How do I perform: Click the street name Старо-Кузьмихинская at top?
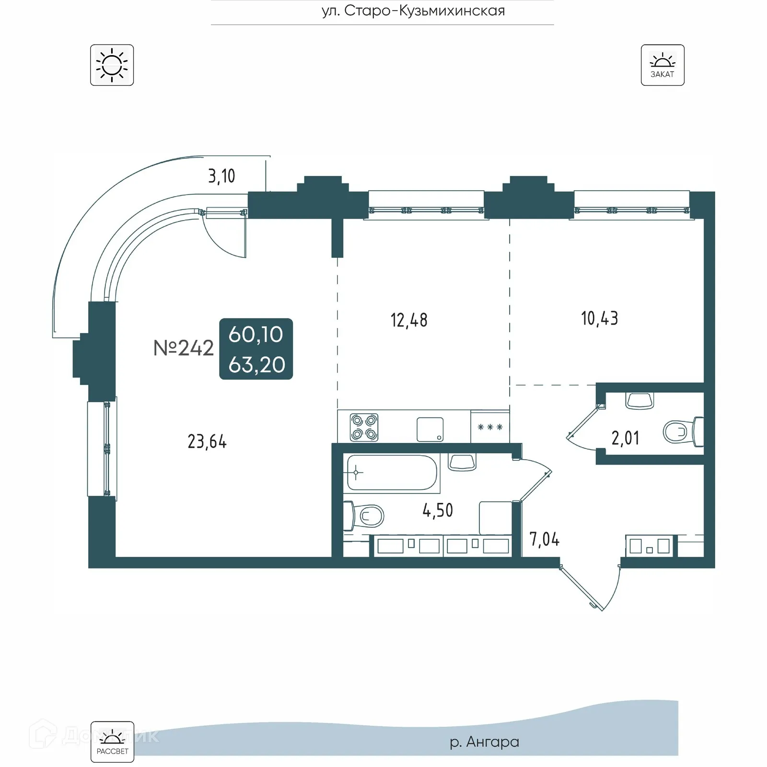(413, 11)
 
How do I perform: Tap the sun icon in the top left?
(112, 65)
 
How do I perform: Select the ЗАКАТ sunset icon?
(662, 65)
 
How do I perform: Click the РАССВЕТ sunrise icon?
(112, 742)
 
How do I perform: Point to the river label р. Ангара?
(484, 742)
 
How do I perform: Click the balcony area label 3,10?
(221, 176)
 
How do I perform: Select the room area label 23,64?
(207, 442)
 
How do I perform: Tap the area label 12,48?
(409, 320)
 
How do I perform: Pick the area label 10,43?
(599, 319)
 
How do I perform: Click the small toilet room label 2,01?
(625, 438)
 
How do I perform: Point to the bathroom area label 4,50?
(438, 511)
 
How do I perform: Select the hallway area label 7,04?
(544, 540)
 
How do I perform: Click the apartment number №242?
(184, 349)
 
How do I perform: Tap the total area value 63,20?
(256, 365)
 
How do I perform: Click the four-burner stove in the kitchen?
(364, 427)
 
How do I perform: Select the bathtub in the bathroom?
(392, 473)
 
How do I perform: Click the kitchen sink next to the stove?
(430, 429)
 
